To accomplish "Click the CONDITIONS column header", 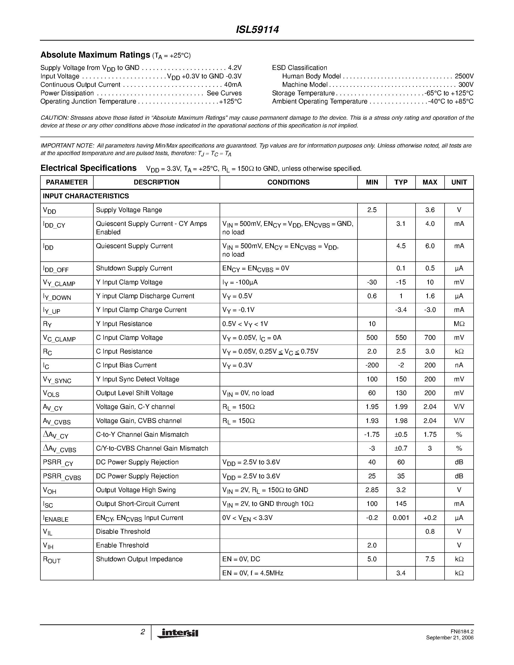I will tap(288, 182).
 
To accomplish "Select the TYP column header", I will tap(401, 182).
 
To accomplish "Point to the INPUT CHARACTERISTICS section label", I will tap(86, 196).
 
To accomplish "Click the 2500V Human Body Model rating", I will tap(464, 76).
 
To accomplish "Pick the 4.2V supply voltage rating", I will tap(235, 68).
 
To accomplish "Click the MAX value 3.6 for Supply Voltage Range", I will tap(430, 210).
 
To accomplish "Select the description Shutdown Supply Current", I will tap(134, 268).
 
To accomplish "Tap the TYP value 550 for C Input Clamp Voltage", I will tap(401, 337).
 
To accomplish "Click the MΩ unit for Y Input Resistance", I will tap(459, 324).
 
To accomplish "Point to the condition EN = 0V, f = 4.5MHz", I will tap(253, 573).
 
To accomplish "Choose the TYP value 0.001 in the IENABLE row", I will tap(401, 518).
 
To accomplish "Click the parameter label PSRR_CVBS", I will tap(62, 477).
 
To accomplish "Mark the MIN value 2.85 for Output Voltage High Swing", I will tap(372, 490).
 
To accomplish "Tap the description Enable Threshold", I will tap(122, 545).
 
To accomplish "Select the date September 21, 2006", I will tap(450, 638).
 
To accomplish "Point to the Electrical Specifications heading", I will tap(89, 168).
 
